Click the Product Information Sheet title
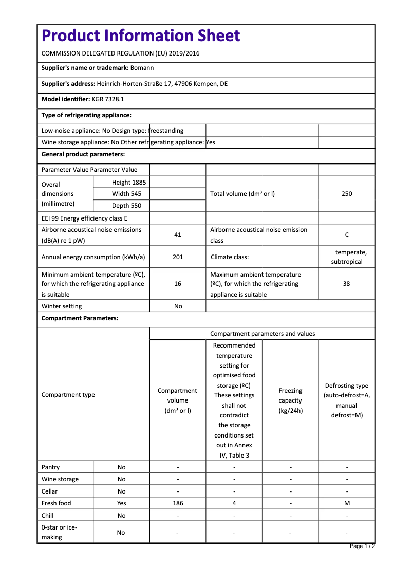click(141, 35)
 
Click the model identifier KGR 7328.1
click(108, 99)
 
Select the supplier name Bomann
click(142, 68)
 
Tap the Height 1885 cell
click(129, 183)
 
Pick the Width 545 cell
click(126, 194)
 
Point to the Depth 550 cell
click(126, 206)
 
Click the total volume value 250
click(347, 194)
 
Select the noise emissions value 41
click(178, 235)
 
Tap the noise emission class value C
click(347, 235)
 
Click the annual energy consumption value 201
click(178, 257)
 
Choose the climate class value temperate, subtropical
click(347, 257)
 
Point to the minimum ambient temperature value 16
click(178, 284)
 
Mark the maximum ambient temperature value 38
click(347, 284)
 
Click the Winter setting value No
click(178, 306)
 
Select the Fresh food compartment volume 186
click(178, 503)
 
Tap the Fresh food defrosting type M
click(347, 503)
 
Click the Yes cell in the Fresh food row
click(121, 503)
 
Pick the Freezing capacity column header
click(290, 400)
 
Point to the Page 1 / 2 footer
click(362, 546)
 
